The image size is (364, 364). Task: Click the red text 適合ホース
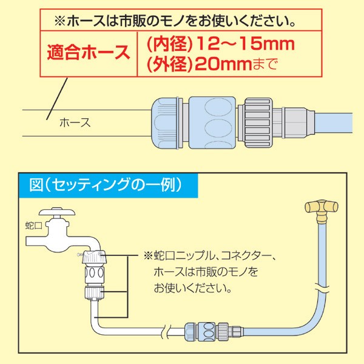pyautogui.click(x=89, y=52)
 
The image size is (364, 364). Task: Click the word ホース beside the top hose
pyautogui.click(x=75, y=123)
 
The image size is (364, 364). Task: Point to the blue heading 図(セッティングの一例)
pyautogui.click(x=107, y=184)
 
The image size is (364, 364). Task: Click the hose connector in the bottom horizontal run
pyautogui.click(x=207, y=331)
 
